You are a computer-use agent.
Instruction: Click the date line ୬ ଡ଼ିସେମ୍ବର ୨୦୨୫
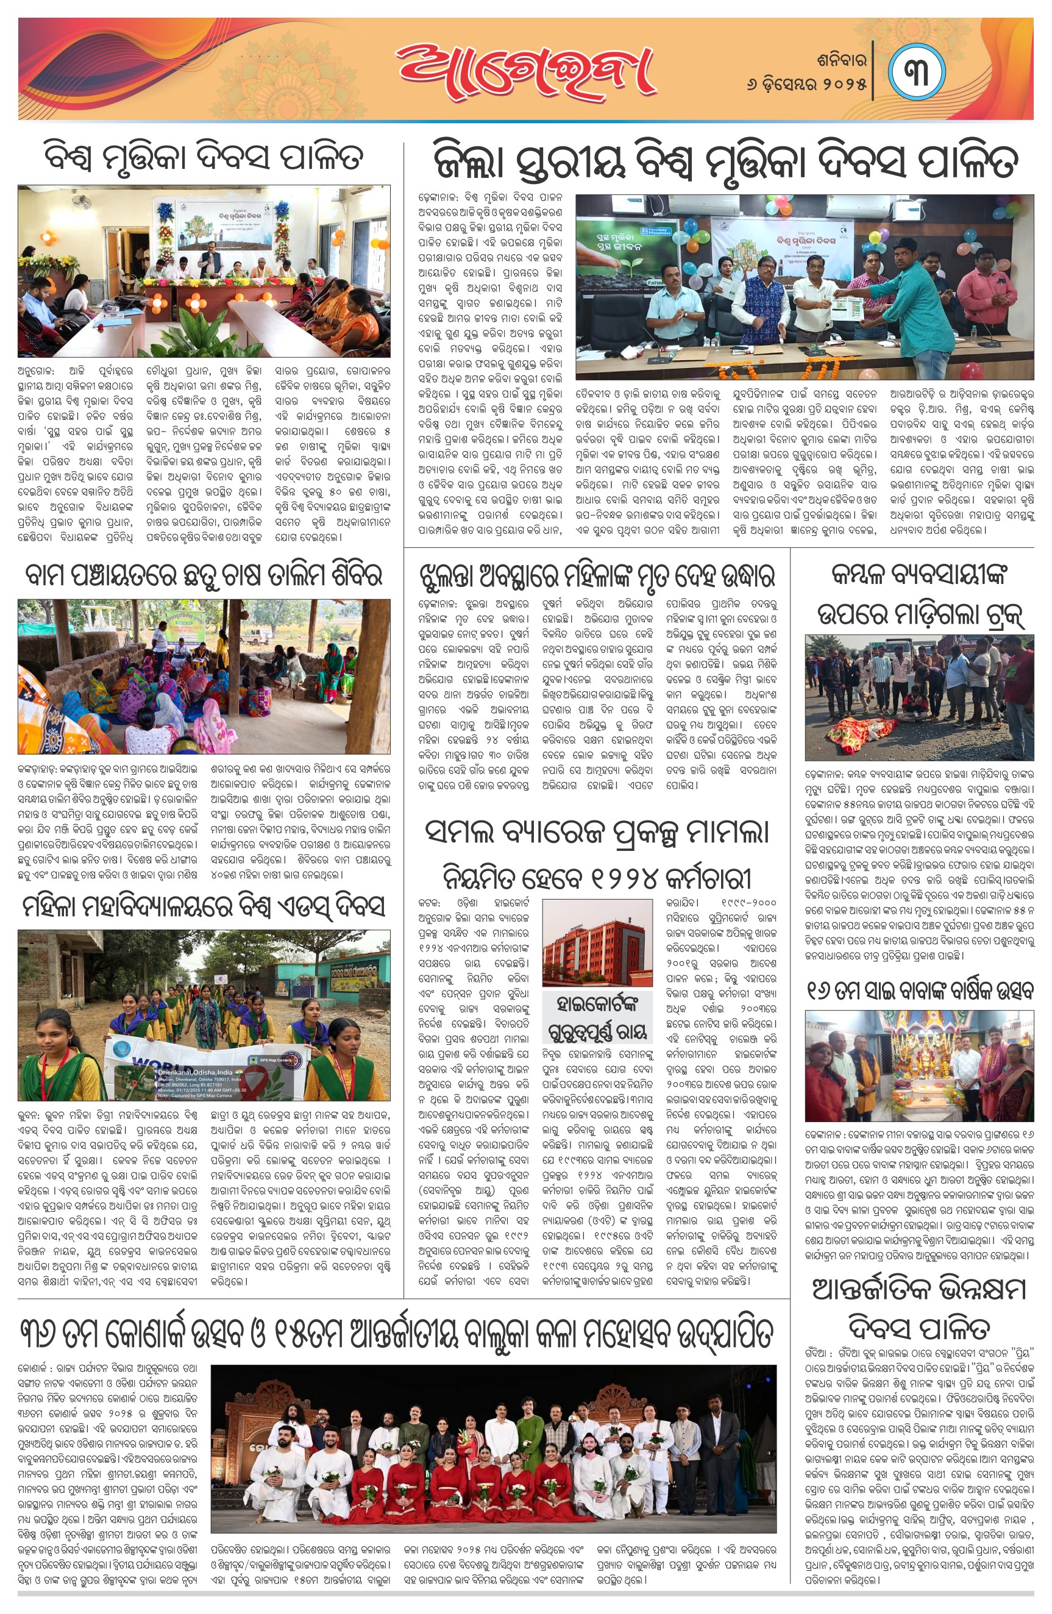coord(806,85)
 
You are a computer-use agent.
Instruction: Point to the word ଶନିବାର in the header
coord(842,60)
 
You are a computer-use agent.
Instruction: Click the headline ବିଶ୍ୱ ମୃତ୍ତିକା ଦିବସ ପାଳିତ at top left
coord(204,157)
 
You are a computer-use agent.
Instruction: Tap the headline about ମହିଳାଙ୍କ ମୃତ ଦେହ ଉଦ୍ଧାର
coord(597,577)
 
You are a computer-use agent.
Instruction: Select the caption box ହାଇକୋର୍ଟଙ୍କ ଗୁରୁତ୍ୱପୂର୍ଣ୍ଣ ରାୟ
coord(597,1018)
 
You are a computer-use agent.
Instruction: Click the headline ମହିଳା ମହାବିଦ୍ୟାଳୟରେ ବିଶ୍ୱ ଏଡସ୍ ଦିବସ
coord(204,908)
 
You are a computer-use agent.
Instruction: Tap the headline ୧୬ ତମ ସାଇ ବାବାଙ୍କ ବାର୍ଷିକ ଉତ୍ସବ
coord(919,991)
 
